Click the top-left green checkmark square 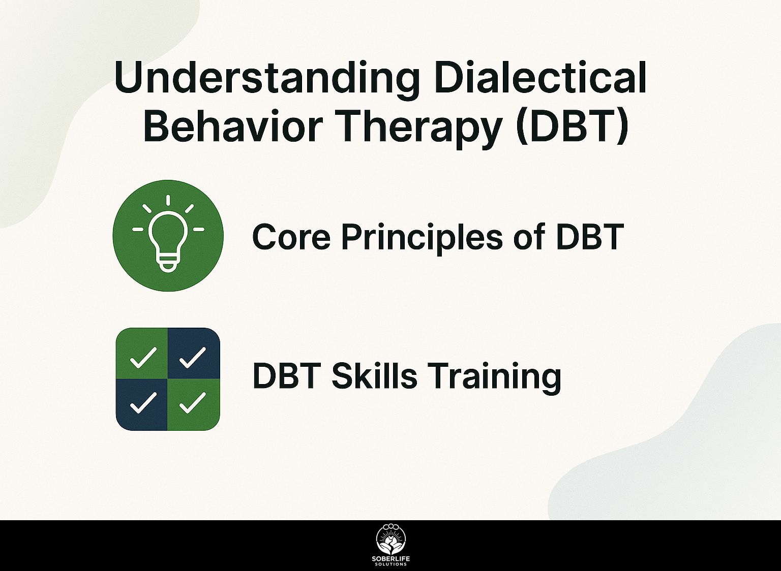point(142,353)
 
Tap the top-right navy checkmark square point(194,353)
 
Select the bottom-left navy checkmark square point(142,404)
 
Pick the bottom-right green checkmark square point(194,404)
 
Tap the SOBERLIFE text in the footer point(391,559)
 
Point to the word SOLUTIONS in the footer point(391,564)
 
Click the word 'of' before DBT point(525,236)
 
